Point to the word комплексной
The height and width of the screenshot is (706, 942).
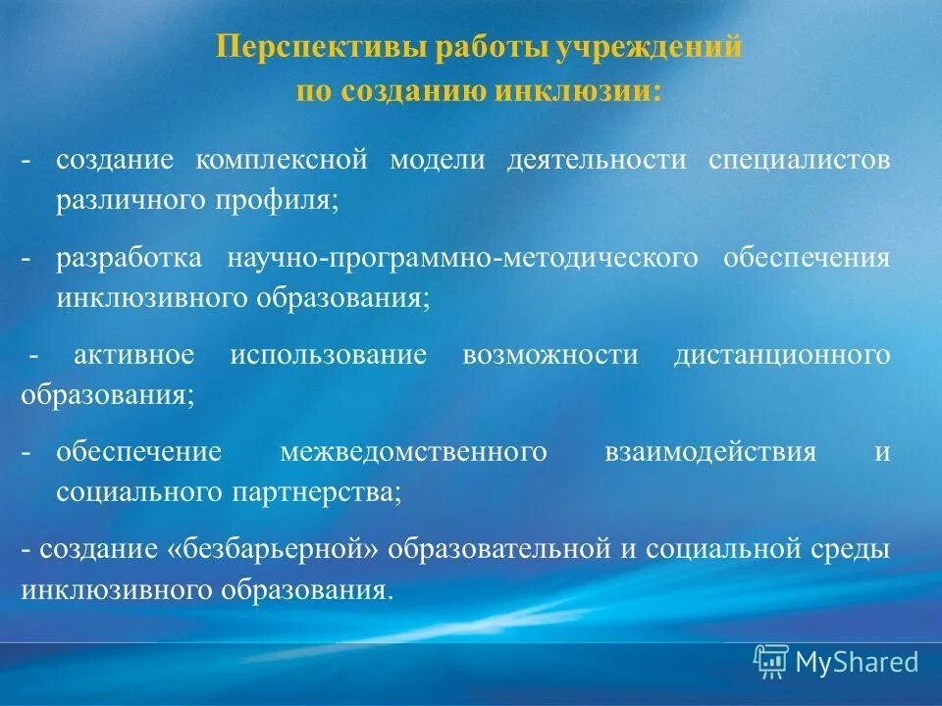pyautogui.click(x=281, y=160)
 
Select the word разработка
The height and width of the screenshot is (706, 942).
pyautogui.click(x=129, y=258)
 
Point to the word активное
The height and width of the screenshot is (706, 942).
pyautogui.click(x=133, y=355)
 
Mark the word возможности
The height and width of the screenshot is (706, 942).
pyautogui.click(x=549, y=355)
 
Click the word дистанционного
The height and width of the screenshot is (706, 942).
pyautogui.click(x=782, y=355)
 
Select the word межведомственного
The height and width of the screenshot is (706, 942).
pyautogui.click(x=413, y=452)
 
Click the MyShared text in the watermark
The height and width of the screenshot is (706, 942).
pyautogui.click(x=857, y=662)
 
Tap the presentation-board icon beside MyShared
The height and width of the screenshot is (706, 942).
pyautogui.click(x=771, y=662)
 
